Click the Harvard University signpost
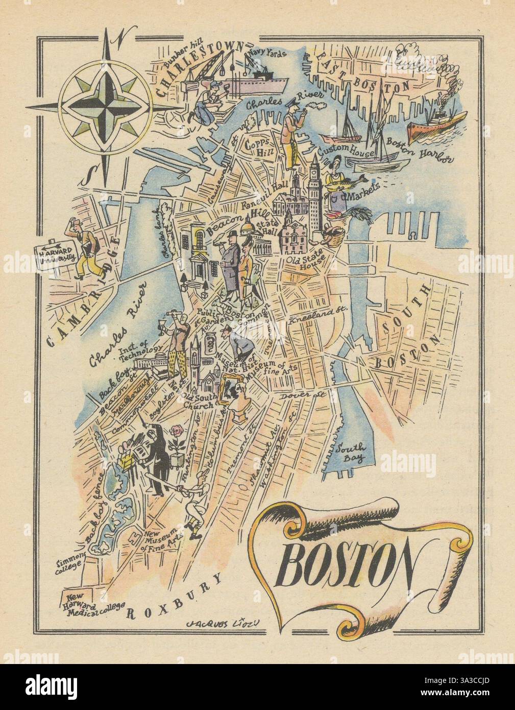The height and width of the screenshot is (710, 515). tap(53, 252)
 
